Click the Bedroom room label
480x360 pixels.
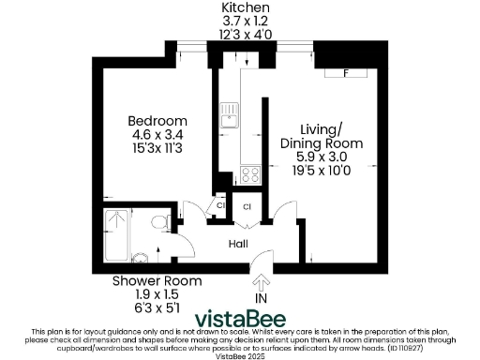coord(157,121)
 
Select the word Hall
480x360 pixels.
coord(239,243)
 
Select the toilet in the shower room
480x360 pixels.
coord(141,256)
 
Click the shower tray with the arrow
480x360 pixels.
coord(116,233)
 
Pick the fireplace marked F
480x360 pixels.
coord(346,72)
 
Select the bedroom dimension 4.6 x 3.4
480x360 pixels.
coord(157,134)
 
